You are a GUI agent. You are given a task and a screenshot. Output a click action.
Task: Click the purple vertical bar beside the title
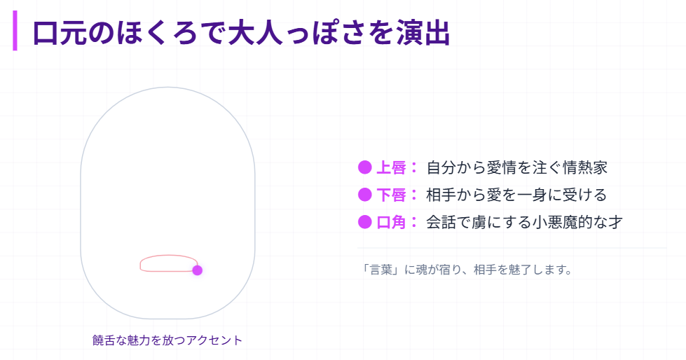coord(15,32)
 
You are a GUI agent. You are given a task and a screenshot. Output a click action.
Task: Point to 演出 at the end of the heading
coord(427,33)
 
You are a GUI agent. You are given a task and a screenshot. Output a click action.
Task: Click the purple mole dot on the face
coord(198,270)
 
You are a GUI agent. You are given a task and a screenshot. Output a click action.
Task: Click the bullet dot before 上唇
coord(364,167)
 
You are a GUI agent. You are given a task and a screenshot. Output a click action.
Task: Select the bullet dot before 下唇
coord(364,195)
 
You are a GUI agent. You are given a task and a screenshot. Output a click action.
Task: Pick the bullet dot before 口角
coord(364,222)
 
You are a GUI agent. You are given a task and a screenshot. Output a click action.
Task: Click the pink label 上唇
coord(391,167)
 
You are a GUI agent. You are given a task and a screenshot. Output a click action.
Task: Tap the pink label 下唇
coord(391,195)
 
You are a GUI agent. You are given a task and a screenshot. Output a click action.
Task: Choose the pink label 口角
coord(391,222)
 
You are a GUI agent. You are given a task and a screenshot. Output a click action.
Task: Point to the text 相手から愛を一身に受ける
coord(516,195)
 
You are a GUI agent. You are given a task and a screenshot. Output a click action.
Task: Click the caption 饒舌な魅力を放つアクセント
coord(167,340)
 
